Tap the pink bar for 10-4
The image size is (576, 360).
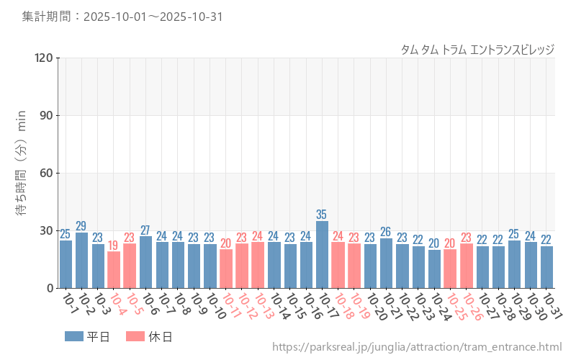tap(114, 270)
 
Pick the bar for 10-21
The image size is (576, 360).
tap(386, 264)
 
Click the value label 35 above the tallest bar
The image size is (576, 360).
tap(322, 215)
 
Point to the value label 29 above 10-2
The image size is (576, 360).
tap(81, 226)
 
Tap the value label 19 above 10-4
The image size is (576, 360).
tap(114, 246)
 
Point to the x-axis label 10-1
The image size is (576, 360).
tap(69, 305)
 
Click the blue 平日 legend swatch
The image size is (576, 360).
tap(74, 336)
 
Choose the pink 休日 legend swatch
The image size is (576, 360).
tap(135, 336)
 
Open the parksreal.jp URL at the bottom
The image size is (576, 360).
tap(416, 348)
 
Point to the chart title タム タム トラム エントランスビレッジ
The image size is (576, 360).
tap(477, 49)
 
